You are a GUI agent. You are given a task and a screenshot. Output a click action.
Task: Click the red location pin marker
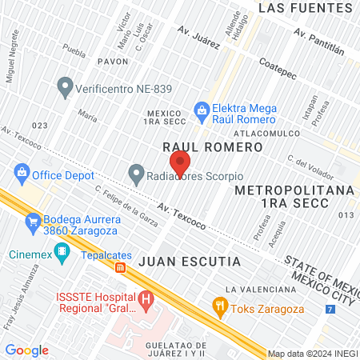coord(180,162)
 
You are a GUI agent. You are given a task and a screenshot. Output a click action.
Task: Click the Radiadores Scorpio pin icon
coord(137,173)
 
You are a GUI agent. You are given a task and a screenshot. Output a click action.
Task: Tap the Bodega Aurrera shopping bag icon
coord(33,220)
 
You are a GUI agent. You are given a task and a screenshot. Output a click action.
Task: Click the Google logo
coord(27,350)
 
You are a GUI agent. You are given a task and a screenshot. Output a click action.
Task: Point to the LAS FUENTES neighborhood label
coord(305,8)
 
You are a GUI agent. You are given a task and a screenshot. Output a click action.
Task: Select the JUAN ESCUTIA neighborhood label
coord(190,262)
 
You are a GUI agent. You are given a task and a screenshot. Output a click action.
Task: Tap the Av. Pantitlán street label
coord(318,42)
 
